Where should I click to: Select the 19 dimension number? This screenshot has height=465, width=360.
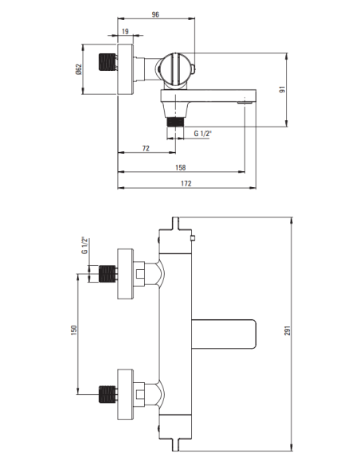click(x=126, y=32)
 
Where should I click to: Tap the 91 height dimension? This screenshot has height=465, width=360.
click(x=303, y=89)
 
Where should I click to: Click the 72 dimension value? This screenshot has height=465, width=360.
click(x=146, y=149)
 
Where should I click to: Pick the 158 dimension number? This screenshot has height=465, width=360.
click(x=181, y=168)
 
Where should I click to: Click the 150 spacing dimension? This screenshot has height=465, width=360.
click(x=73, y=330)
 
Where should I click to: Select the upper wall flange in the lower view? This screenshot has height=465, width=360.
click(x=125, y=275)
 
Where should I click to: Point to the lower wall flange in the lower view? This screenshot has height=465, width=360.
click(x=125, y=393)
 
